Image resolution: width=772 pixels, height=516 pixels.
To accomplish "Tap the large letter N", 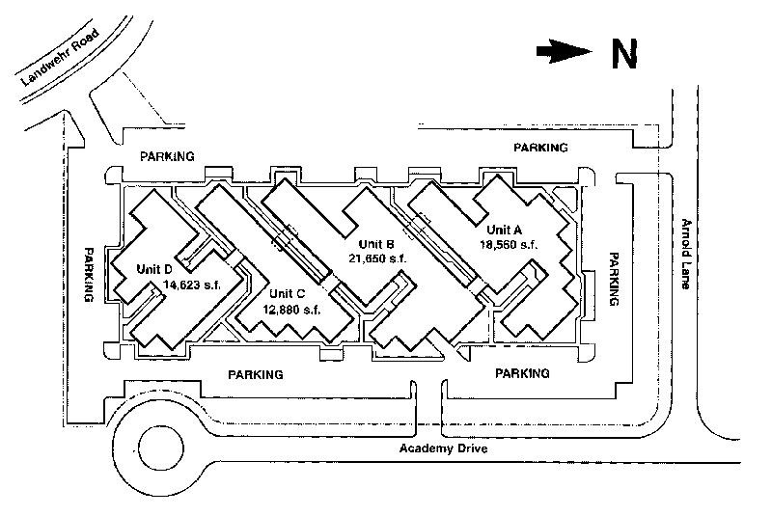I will pos(624,56).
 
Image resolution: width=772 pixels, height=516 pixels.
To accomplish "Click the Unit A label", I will pos(504,230).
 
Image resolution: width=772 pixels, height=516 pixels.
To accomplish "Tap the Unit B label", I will pos(377,243).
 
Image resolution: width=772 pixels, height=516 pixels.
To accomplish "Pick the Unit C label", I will pos(289,294).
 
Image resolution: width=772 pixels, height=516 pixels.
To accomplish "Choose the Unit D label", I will pos(155,268).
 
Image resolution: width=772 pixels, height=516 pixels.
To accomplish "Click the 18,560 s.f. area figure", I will pos(509,245).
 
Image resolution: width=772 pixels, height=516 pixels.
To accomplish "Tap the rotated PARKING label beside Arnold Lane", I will pos(612,280).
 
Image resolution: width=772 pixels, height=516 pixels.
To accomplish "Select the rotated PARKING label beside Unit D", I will pos(89,275).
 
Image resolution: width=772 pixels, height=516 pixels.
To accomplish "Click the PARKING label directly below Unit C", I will pos(255,374).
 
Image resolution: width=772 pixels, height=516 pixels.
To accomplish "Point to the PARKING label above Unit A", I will pos(540,148).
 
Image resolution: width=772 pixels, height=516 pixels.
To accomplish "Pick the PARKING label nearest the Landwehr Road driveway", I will pos(167,155).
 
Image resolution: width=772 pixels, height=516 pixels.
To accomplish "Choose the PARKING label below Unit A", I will pos(521,373).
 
